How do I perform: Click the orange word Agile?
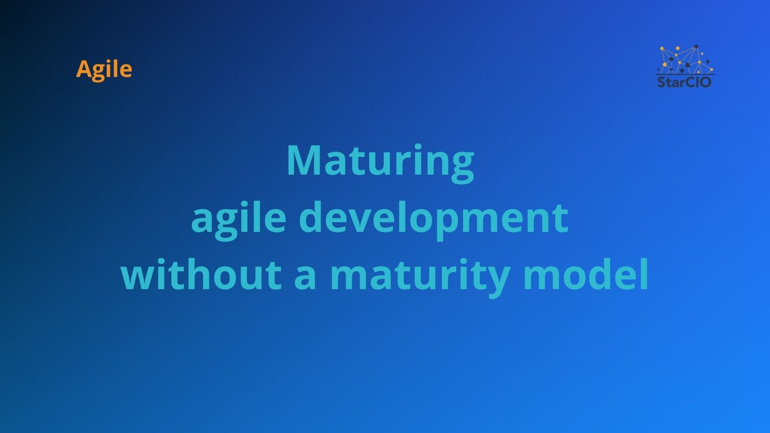pos(104,69)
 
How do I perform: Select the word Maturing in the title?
pos(380,161)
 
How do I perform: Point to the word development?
pos(433,218)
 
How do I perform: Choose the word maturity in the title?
pos(419,276)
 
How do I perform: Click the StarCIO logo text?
pos(684,82)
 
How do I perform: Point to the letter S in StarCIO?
pos(661,82)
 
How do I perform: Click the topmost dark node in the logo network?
pos(696,47)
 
